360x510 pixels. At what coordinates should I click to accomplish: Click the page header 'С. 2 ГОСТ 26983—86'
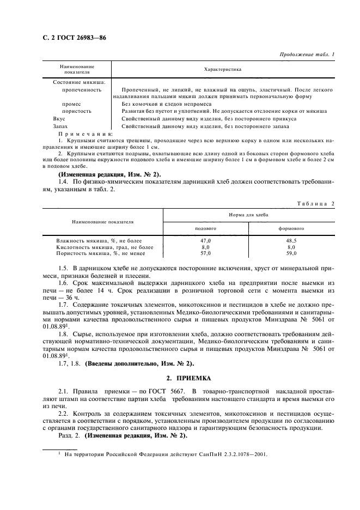point(72,39)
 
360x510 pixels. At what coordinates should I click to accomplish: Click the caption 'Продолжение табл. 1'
point(307,54)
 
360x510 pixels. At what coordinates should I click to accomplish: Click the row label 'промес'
point(71,104)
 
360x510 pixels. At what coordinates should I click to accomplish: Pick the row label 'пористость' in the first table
point(77,111)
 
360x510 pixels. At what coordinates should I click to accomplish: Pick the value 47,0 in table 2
point(206,240)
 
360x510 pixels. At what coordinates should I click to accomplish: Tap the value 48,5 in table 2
point(291,240)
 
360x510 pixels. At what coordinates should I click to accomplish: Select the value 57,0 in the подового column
point(206,253)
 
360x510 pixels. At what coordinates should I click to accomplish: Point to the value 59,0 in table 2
point(291,253)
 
